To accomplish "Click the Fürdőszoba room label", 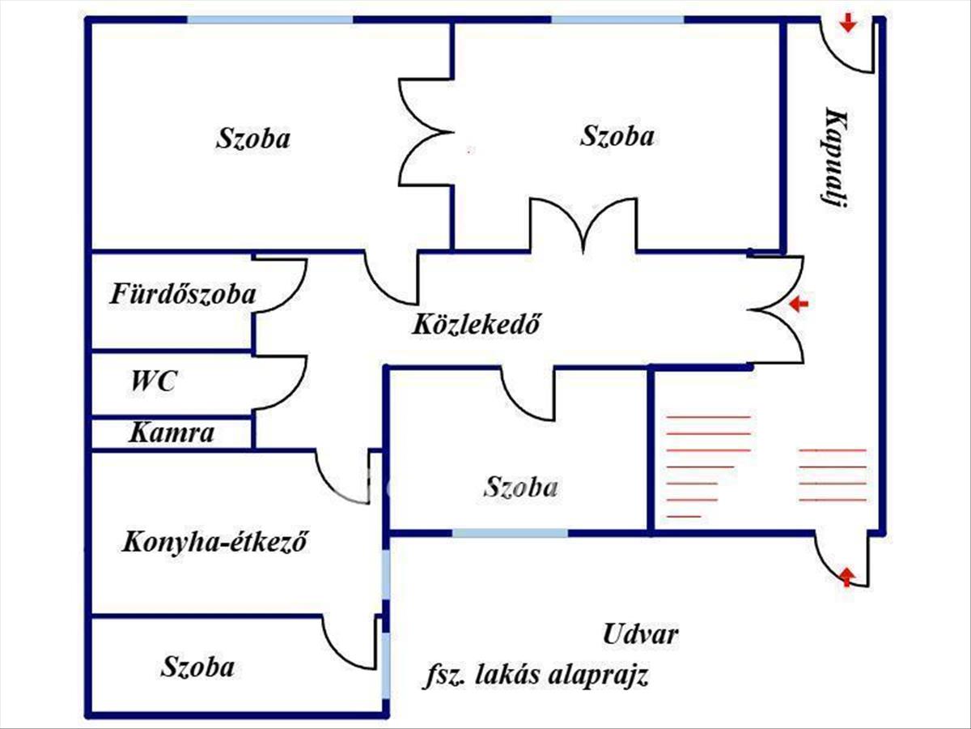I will pos(183,293).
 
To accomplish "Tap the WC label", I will pos(154,381).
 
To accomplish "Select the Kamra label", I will pos(172,433).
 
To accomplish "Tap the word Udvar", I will pos(640,634).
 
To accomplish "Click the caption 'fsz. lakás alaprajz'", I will pos(536,676).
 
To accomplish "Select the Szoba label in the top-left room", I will pos(252,138).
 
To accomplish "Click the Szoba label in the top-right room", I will pos(617,135).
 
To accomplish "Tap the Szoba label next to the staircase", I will pos(520,488).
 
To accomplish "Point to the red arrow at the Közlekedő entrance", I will pos(799,305).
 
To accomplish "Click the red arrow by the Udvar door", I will pos(846,577).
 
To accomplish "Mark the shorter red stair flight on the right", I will pos(833,474).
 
